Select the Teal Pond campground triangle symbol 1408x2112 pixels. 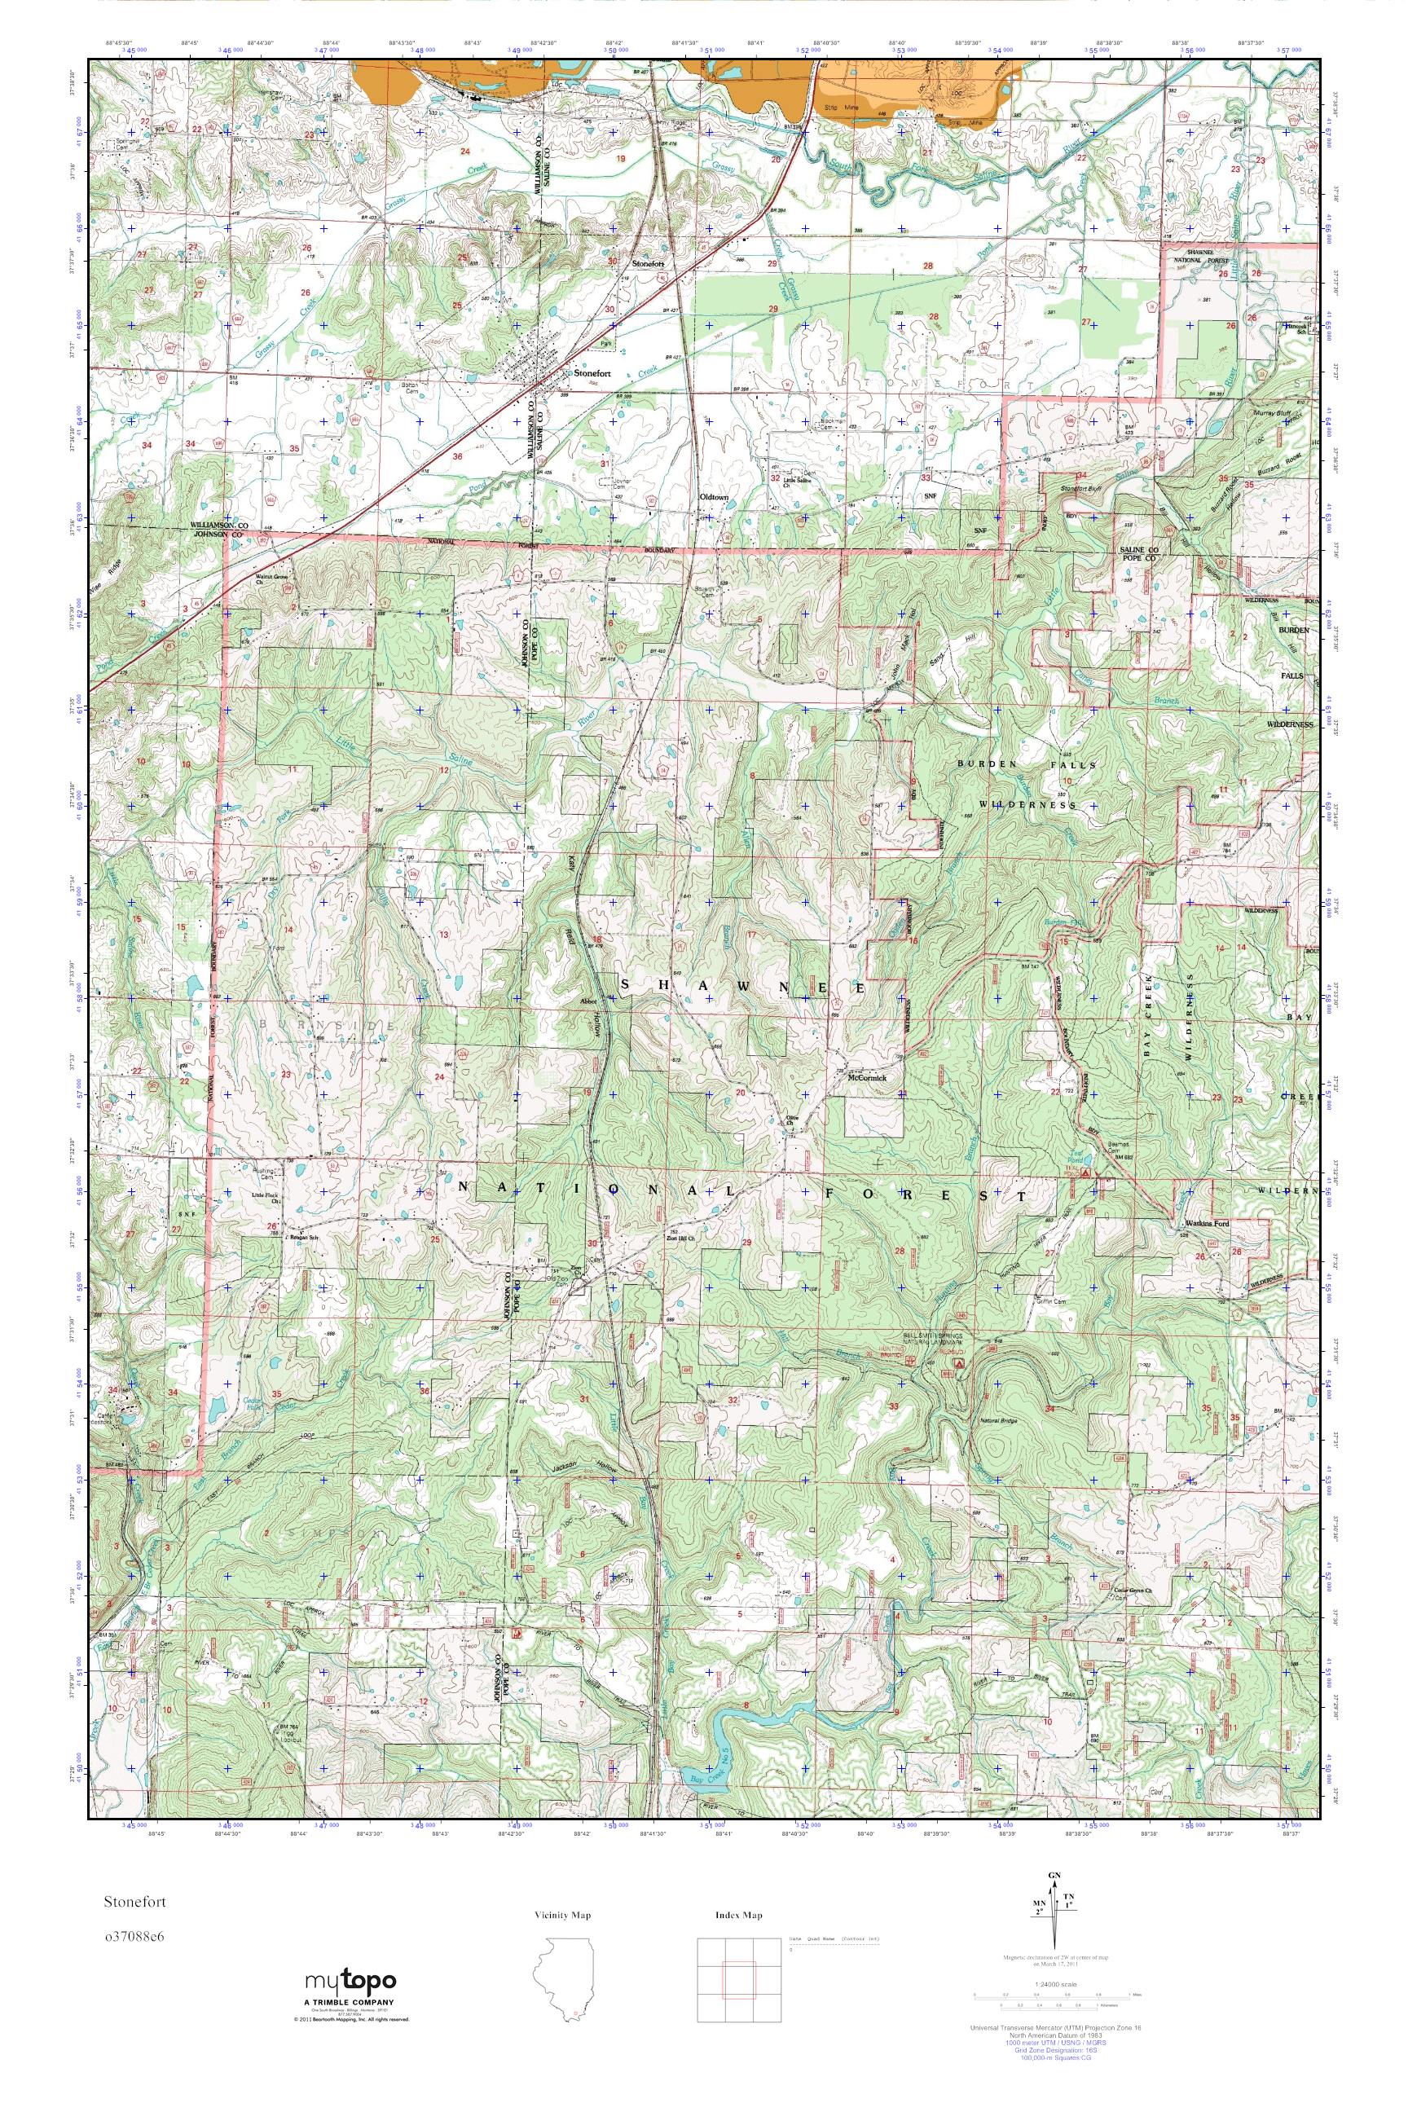[x=1086, y=1173]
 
